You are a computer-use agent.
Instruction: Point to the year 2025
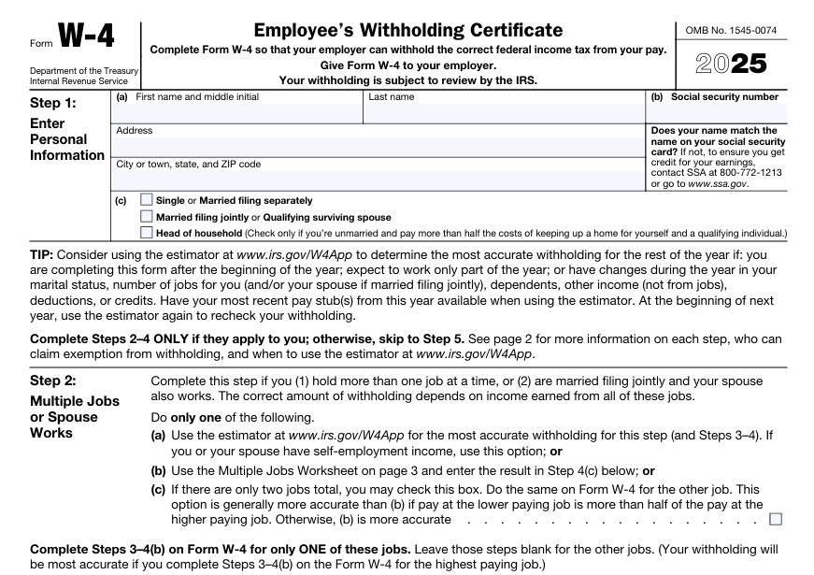click(730, 64)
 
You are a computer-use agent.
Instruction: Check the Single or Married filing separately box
click(146, 200)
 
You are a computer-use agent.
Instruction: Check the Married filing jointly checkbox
click(146, 216)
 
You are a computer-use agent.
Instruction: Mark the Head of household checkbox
click(146, 232)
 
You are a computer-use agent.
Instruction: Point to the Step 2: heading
click(54, 381)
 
